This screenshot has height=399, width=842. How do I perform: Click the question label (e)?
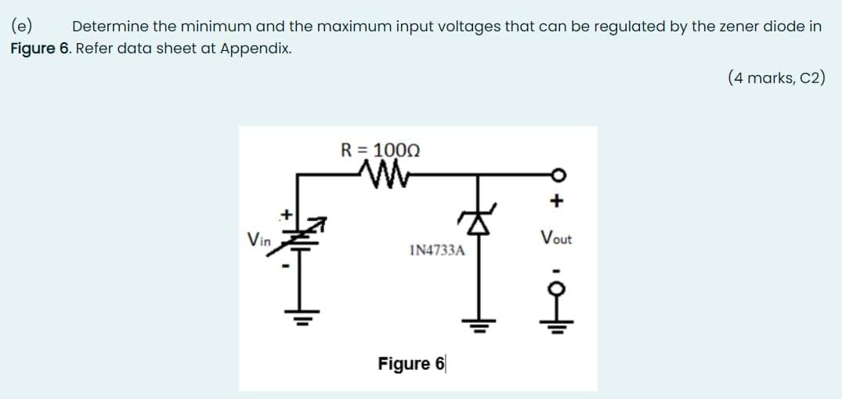[x=20, y=26]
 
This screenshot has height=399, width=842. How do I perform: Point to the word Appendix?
[x=255, y=48]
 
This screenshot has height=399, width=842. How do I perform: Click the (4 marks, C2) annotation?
[x=775, y=78]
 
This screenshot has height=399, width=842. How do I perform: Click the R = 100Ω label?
[x=381, y=149]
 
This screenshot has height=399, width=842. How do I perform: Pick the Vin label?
[x=258, y=239]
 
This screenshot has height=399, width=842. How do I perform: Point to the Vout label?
[x=556, y=238]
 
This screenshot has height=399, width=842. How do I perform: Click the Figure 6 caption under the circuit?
[x=410, y=364]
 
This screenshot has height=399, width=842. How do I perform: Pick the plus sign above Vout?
[x=556, y=201]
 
